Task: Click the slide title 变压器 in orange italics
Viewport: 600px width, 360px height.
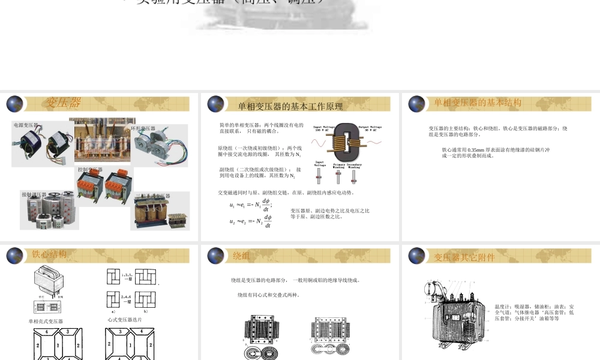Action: click(64, 103)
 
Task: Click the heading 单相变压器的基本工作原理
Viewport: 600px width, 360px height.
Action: click(290, 106)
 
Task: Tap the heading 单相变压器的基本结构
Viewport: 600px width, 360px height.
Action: click(478, 103)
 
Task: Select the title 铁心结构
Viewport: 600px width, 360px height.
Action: click(49, 254)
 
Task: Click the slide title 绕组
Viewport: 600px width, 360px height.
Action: click(241, 256)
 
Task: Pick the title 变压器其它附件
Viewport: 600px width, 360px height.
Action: click(464, 257)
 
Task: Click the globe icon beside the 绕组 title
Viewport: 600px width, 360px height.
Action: click(215, 256)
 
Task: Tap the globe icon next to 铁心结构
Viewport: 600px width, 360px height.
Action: click(14, 256)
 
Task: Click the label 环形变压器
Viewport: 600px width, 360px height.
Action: click(143, 128)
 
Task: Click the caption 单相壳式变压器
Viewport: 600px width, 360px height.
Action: click(46, 322)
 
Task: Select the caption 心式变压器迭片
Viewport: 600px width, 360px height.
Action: click(125, 320)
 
